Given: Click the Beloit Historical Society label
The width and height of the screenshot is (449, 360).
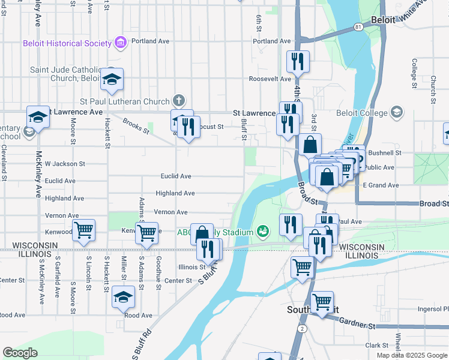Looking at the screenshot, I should point(67,43).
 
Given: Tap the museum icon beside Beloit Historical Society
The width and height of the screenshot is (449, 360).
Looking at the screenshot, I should point(121,43).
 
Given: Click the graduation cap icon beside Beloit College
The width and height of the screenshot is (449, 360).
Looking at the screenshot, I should point(396,112).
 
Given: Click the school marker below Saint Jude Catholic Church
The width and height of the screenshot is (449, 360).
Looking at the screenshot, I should point(112,79).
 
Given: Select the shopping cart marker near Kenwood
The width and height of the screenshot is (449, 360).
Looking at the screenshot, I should point(84,230).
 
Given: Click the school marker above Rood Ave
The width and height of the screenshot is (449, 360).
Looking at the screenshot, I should point(124,297).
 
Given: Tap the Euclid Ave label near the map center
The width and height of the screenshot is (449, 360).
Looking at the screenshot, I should point(176,176).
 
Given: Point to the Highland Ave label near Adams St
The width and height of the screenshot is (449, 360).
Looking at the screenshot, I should point(175,194).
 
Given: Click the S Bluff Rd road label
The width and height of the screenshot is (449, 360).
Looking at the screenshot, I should point(141,344).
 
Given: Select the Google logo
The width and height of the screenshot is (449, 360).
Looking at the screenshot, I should point(20,353).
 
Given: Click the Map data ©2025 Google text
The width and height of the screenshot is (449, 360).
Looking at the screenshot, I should point(412,355).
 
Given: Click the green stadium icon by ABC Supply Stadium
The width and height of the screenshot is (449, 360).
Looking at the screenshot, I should point(262,231).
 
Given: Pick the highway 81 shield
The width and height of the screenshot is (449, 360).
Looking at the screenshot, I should point(358,28).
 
